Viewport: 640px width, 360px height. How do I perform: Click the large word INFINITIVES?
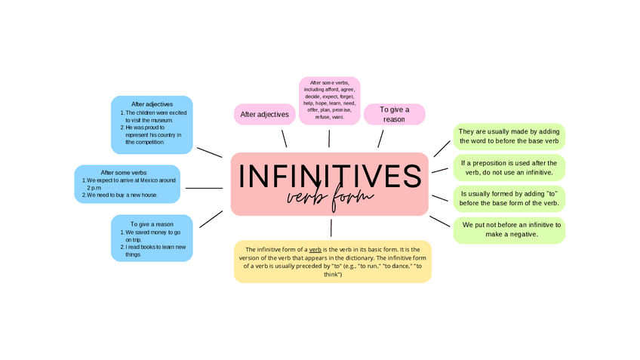point(330,176)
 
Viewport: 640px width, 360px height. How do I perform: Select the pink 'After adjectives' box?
point(264,114)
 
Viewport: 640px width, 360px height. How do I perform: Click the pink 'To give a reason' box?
point(394,114)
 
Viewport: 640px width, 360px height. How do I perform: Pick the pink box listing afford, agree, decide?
point(329,100)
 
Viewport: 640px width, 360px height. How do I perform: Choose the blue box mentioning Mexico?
point(127,184)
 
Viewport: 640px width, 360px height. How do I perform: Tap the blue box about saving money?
point(152,238)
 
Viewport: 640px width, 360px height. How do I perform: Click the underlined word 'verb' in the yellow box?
point(315,249)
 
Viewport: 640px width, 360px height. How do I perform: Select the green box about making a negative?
point(509,229)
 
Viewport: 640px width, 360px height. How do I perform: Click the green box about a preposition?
point(509,168)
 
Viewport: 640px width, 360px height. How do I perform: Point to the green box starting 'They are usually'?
point(509,137)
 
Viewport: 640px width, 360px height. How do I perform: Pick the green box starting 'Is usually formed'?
point(509,198)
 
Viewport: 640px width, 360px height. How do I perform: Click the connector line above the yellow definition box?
point(331,228)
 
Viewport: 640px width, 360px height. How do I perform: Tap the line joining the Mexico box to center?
point(204,188)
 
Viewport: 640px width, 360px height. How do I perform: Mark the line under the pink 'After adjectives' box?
point(284,138)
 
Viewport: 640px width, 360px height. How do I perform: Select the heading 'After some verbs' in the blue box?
point(124,172)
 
